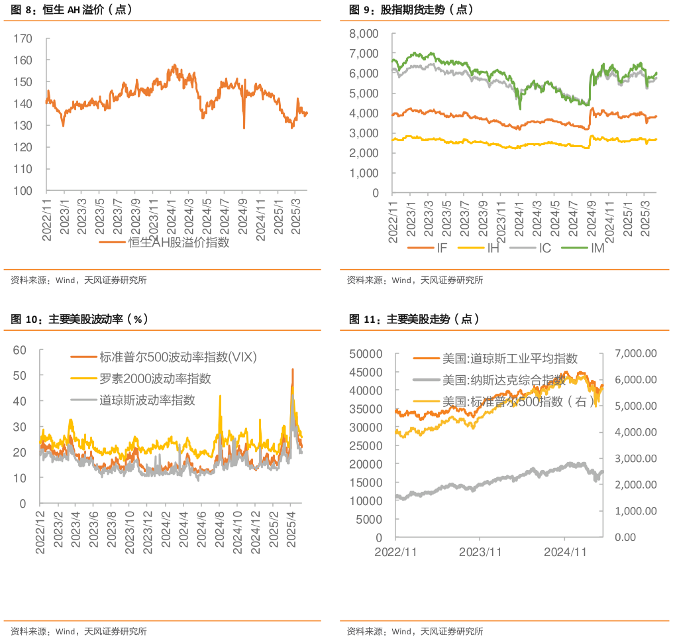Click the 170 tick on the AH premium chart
(22, 38)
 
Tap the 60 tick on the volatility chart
(19, 349)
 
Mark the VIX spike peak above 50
(292, 369)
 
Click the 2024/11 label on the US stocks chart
(566, 551)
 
